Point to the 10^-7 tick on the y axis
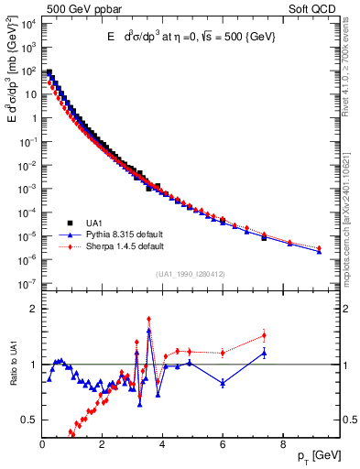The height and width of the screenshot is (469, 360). (x=27, y=284)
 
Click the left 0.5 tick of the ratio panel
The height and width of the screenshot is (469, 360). (x=28, y=420)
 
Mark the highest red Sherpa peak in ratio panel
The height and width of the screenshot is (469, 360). (x=148, y=320)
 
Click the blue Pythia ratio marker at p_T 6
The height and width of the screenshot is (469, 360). (x=223, y=382)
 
